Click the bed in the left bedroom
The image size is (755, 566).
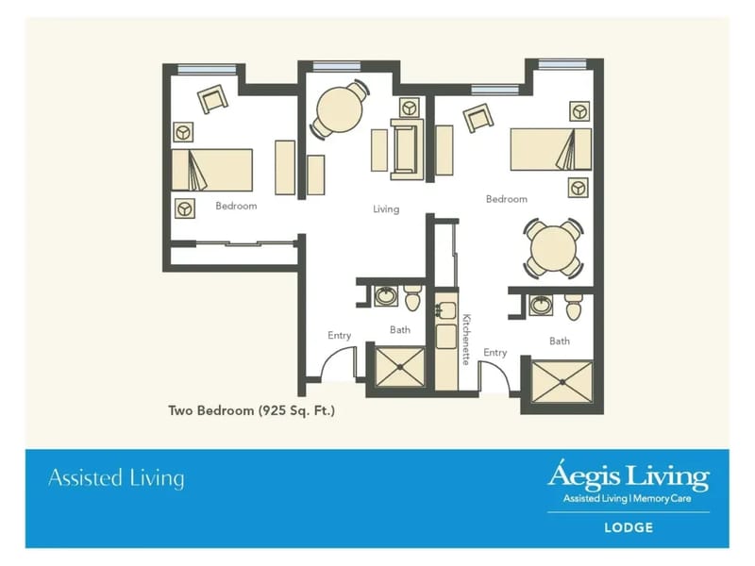tap(212, 170)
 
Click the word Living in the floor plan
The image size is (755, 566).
tap(386, 209)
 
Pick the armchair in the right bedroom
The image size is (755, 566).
tap(478, 119)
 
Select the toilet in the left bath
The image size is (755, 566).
tap(412, 297)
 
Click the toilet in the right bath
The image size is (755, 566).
tap(574, 307)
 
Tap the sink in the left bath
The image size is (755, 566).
tap(385, 296)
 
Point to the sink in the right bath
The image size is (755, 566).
tap(542, 306)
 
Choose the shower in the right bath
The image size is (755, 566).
tap(562, 383)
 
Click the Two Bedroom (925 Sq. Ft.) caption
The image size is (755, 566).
tap(252, 410)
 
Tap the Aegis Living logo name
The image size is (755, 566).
tap(628, 476)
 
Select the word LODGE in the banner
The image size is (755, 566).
tap(628, 527)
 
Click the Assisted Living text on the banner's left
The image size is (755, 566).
tap(116, 478)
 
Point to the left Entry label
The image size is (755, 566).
tap(340, 336)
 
